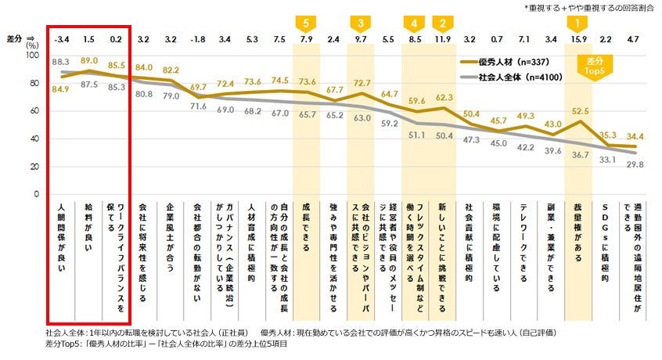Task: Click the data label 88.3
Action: [62, 61]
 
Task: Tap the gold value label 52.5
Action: [579, 111]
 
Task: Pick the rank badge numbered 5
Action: [307, 23]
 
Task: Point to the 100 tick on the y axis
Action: [31, 56]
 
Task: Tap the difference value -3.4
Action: [62, 38]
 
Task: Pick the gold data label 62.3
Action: [444, 98]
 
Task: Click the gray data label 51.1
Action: [416, 135]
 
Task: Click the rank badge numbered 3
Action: [361, 23]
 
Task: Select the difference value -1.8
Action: [198, 38]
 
